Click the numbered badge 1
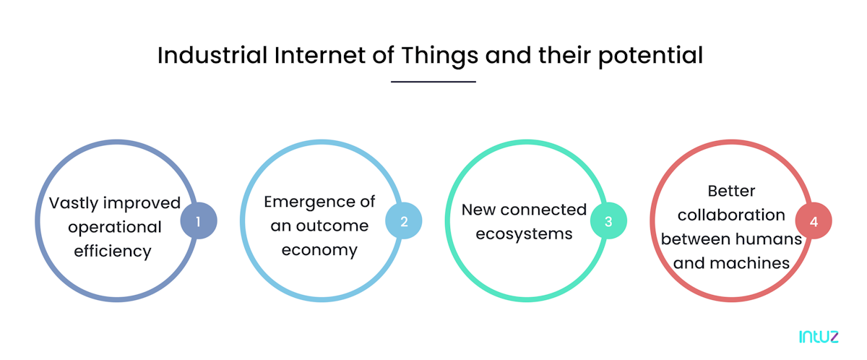coord(199,220)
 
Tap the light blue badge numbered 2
coord(404,220)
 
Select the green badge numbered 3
coord(608,222)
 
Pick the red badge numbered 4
coord(814,221)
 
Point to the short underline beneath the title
coord(433,82)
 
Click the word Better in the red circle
coord(731,191)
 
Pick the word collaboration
coord(731,215)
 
